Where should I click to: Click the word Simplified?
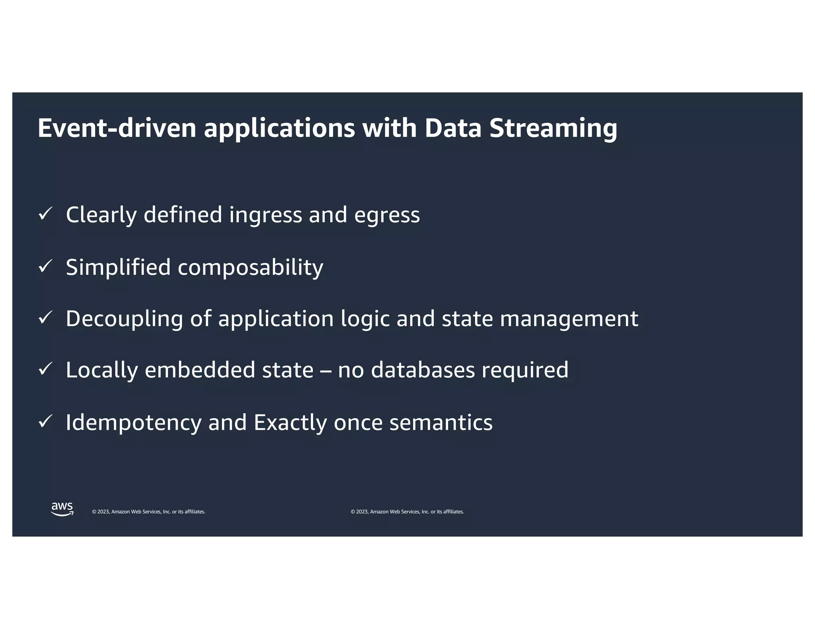pos(118,267)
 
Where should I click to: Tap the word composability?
pos(250,268)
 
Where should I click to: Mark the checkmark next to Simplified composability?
pos(45,266)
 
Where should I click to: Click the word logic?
pos(365,319)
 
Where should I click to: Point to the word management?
pos(569,319)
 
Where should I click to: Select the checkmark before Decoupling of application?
pos(45,318)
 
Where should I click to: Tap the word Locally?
pos(101,371)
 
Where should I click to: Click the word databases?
pos(423,370)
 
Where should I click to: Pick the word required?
pos(525,371)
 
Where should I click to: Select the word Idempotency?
pos(134,423)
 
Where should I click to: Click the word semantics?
pos(441,422)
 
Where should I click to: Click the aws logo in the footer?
pos(62,509)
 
